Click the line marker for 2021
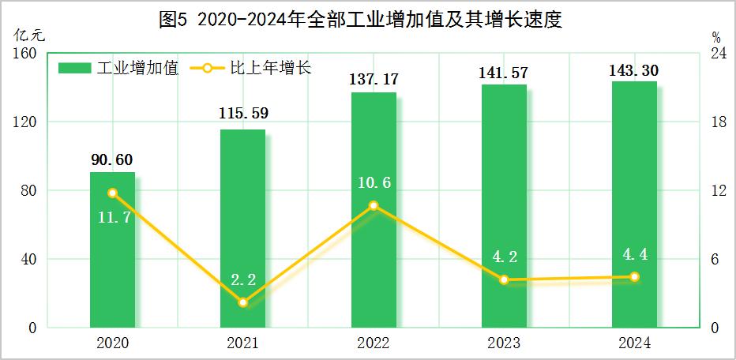point(243,302)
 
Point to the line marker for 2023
point(504,279)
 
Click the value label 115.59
point(243,114)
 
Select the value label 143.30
point(634,70)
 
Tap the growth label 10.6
point(373,183)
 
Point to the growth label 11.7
point(111,216)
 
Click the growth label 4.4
point(634,254)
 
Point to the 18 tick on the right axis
point(715,122)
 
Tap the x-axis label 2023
point(504,343)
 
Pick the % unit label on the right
point(715,36)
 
